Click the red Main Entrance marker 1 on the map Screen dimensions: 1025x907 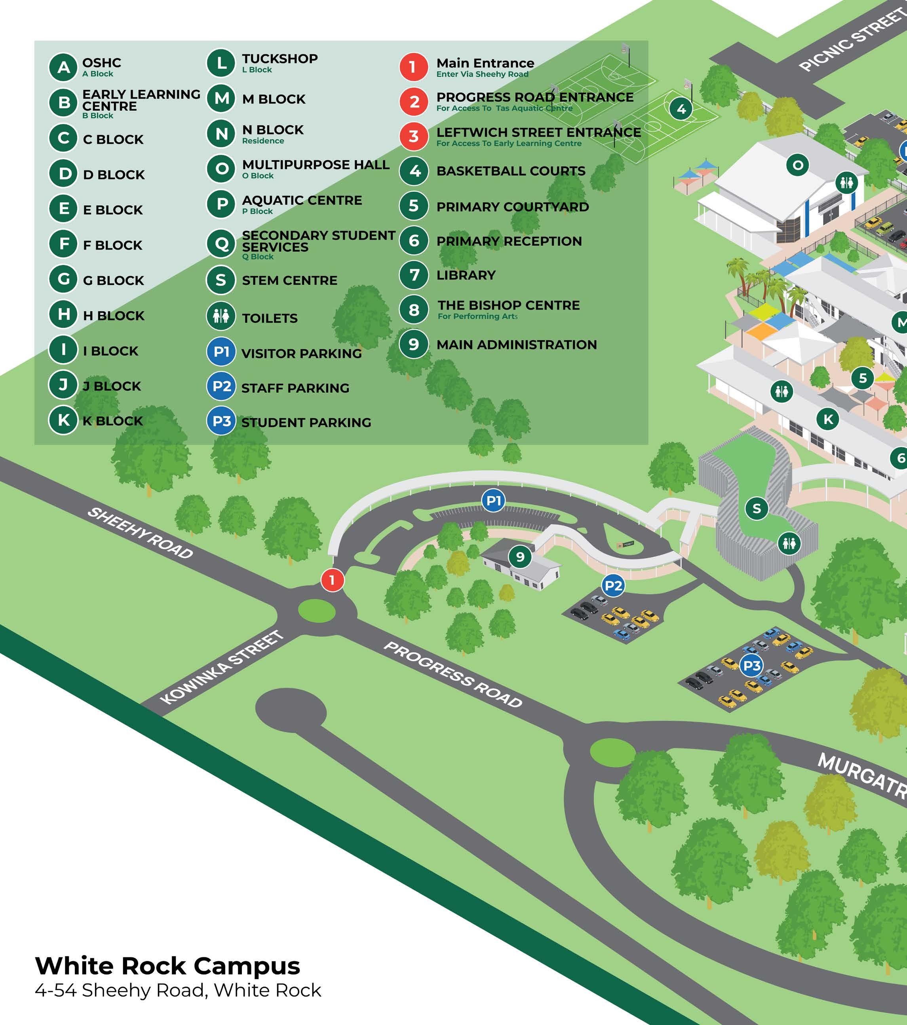tap(332, 580)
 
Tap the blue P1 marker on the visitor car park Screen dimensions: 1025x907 tap(493, 501)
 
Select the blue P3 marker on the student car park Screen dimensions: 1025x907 tap(751, 666)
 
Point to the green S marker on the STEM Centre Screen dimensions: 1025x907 tap(757, 509)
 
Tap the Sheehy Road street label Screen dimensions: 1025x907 tap(140, 533)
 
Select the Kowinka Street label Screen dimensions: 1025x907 tap(221, 668)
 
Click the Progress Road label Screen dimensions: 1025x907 tap(453, 675)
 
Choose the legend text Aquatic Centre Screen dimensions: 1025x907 tap(302, 200)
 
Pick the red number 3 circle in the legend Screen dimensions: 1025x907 tap(414, 136)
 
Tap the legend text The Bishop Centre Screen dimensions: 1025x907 tap(508, 305)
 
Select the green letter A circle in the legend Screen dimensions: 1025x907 tap(63, 67)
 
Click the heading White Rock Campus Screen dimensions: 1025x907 tap(167, 965)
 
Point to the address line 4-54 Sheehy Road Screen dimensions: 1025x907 tap(178, 991)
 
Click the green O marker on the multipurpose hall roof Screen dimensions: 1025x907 tap(798, 165)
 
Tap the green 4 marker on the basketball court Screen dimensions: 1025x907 tap(681, 109)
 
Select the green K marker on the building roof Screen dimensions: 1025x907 tap(828, 419)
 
